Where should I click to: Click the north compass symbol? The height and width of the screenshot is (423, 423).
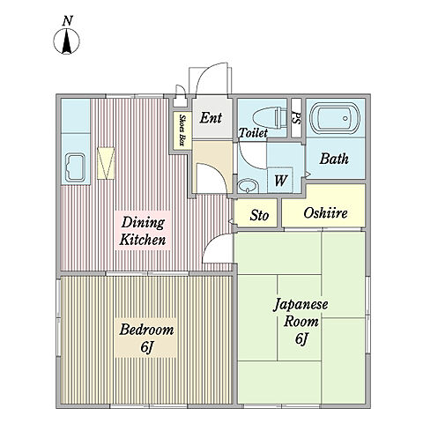pos(67,41)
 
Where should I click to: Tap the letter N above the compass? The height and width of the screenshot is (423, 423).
pos(68,21)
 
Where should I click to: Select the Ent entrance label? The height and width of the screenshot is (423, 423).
pos(211,118)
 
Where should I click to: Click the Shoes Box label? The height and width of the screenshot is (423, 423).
pos(182,130)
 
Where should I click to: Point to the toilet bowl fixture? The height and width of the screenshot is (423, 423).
pos(269,118)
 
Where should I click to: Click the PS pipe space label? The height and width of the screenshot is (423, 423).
pos(296,118)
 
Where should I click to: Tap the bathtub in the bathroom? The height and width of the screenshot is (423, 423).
pos(336,118)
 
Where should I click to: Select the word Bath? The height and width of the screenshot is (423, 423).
pos(334,159)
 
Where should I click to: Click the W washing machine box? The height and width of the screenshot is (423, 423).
pos(280,180)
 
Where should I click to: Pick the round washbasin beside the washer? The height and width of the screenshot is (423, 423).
pos(248,186)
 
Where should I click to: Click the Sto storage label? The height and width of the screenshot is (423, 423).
pos(259,215)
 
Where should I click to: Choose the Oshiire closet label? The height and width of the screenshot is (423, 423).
pos(325,213)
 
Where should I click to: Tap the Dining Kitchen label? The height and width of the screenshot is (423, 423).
pos(143,231)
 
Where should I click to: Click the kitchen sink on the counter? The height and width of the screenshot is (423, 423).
pos(75,167)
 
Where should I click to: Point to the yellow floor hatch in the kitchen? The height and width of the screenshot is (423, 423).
pos(106,163)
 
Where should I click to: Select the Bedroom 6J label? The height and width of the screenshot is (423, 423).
pos(146,338)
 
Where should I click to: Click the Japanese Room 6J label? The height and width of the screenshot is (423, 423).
pos(301,322)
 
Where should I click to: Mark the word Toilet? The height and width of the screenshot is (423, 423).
pos(253,133)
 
